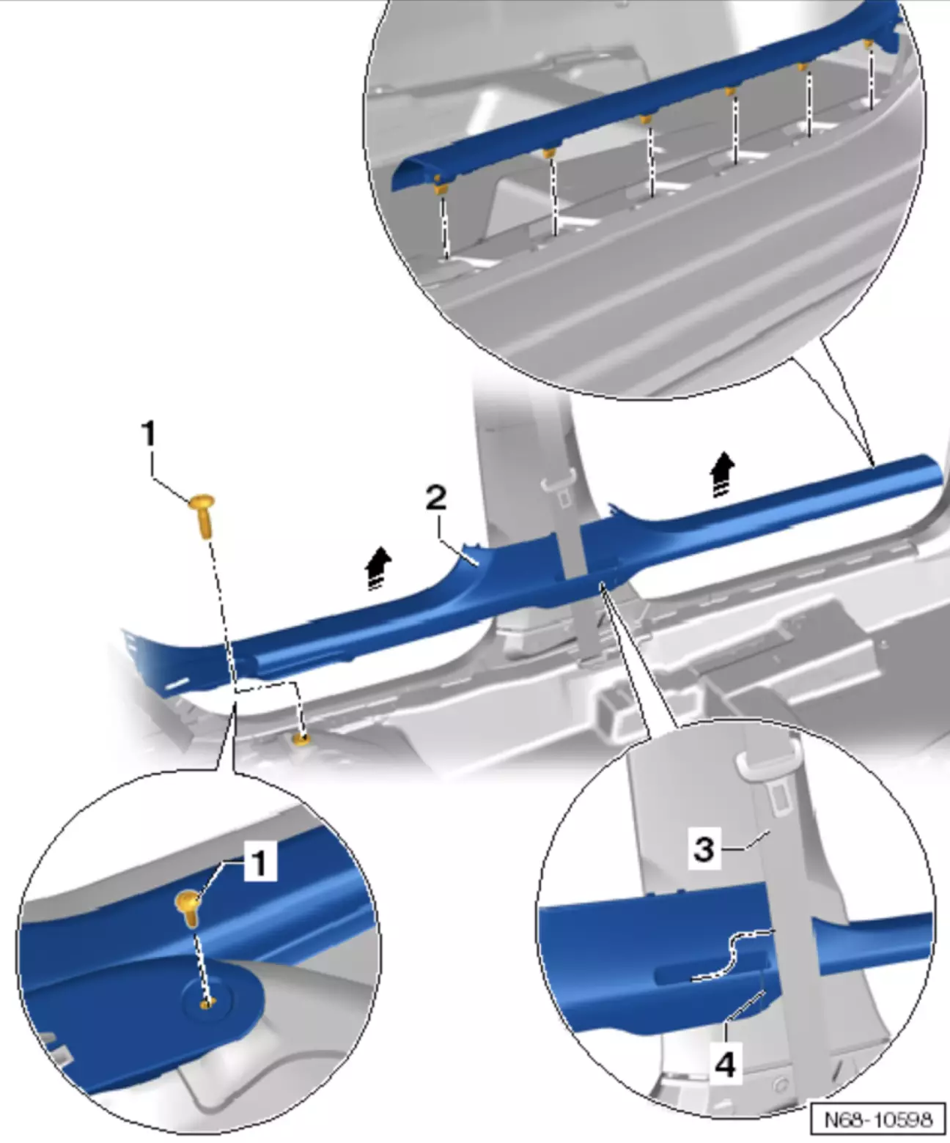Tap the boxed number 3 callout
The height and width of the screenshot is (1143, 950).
pos(704,848)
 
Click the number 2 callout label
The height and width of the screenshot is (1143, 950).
pos(436,499)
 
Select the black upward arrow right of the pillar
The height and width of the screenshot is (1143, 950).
pos(723,474)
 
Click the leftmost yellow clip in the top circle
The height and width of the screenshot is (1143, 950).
pos(440,185)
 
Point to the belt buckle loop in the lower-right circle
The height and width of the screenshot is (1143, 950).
pos(769,765)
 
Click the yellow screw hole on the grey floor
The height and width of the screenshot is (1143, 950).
pos(301,739)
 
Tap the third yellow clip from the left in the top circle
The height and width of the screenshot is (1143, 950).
pos(647,118)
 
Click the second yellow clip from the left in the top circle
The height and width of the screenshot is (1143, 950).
pos(549,153)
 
